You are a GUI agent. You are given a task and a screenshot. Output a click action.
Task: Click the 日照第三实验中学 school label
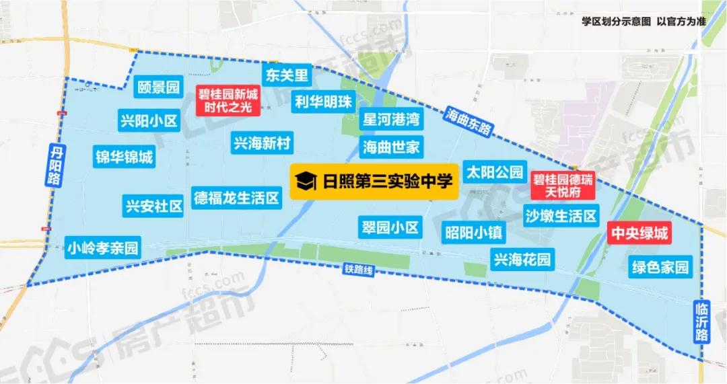[x=374, y=181]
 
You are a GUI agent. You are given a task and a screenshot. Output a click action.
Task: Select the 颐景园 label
[x=158, y=87]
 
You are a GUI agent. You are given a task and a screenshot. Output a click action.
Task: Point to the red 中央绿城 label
[x=639, y=233]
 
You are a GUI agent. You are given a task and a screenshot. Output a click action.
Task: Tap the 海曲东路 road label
[x=469, y=121]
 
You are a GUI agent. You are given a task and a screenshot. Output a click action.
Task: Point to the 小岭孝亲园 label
[x=103, y=247]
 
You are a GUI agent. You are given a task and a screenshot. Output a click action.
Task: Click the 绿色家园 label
[x=660, y=266]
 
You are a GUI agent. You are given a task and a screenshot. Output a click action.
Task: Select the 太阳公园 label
[x=494, y=171]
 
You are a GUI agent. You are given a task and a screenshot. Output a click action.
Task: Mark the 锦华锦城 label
[x=124, y=157]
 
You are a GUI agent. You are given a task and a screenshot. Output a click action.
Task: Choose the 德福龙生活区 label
[x=236, y=198]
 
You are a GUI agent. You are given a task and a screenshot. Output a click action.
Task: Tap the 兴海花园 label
[x=522, y=259]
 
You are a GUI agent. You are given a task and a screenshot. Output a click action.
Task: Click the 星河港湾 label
[x=391, y=120]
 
